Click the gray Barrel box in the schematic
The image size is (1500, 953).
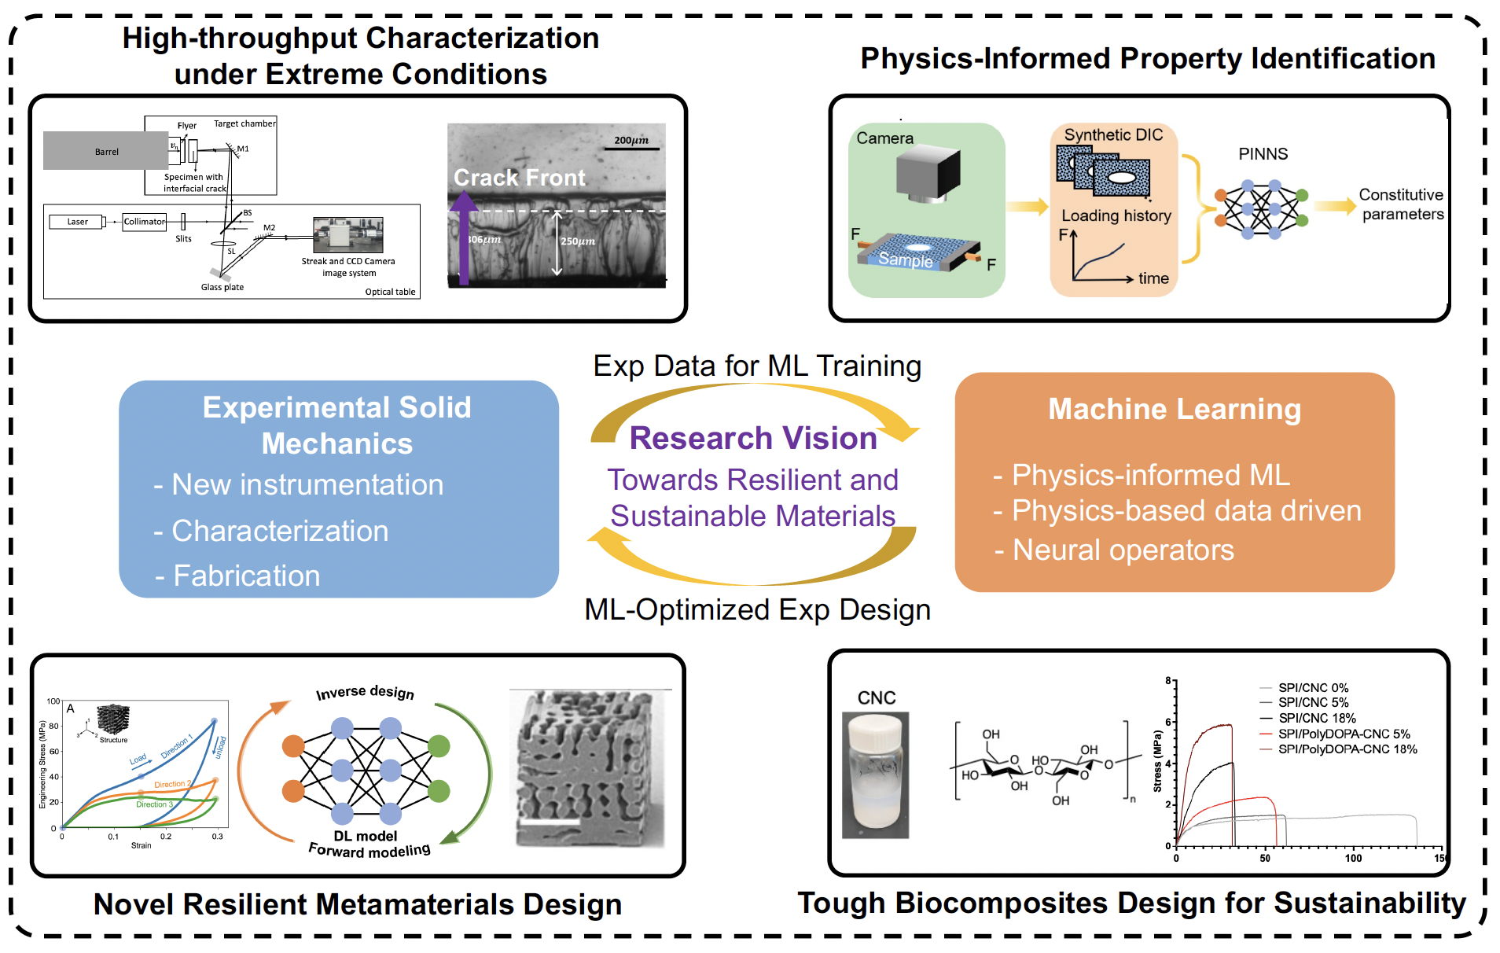point(105,151)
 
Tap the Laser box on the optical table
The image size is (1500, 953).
point(77,222)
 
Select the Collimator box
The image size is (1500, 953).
point(145,222)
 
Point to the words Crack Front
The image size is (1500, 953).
point(519,178)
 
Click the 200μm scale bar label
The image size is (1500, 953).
point(631,140)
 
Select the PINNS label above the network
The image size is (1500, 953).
point(1263,154)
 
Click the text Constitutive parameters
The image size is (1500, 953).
point(1402,204)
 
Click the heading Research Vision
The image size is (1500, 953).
point(752,438)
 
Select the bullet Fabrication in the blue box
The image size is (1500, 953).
point(246,576)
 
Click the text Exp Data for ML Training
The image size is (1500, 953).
point(756,366)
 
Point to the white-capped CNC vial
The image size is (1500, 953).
point(875,775)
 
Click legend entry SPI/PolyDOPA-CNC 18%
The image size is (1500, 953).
point(1347,749)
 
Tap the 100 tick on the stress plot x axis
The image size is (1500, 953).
point(1353,858)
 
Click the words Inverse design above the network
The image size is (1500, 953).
point(365,692)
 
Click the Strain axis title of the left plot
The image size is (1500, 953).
point(142,845)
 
